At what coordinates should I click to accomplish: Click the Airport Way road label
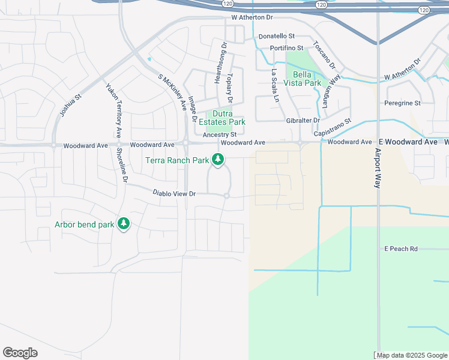tap(378, 169)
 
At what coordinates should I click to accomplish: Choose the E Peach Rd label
tap(401, 248)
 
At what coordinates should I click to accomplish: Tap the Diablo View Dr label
tap(175, 193)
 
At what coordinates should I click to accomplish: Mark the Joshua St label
tap(70, 105)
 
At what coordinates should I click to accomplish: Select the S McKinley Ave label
tap(172, 91)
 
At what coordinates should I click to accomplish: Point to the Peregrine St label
tap(402, 103)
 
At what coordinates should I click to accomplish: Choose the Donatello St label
tap(277, 37)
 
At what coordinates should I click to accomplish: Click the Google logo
tap(20, 353)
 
